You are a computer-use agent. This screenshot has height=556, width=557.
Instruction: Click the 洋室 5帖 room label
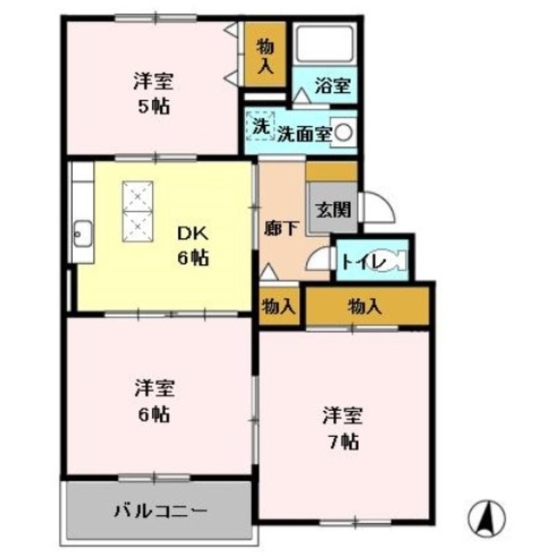(153, 95)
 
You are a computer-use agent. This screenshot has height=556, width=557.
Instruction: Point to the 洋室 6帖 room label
(153, 400)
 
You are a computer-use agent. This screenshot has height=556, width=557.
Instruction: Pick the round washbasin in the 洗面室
(344, 133)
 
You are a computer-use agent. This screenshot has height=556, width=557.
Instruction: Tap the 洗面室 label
(303, 133)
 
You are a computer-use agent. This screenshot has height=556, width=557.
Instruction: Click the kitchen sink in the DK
(83, 233)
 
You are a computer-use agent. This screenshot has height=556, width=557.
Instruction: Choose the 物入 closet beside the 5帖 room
(265, 56)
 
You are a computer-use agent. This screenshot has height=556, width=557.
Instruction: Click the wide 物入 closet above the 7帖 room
(365, 306)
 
